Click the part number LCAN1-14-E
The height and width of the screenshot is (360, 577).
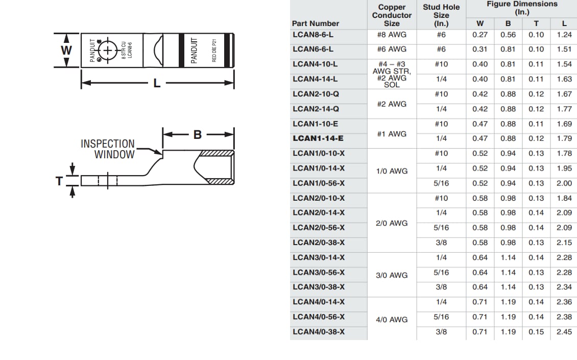click(x=318, y=138)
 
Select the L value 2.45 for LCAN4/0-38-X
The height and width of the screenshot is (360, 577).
click(x=564, y=332)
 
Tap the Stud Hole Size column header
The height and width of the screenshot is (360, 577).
click(x=441, y=15)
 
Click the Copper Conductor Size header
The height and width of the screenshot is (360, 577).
click(x=392, y=15)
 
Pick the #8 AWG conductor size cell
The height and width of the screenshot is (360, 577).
click(x=392, y=35)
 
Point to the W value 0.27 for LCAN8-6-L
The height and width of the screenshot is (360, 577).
click(x=480, y=35)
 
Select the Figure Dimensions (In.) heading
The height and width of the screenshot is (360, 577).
click(x=522, y=8)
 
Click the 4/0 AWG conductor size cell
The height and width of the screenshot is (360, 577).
click(x=392, y=320)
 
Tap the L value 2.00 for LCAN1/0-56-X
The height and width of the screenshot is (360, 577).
click(x=564, y=183)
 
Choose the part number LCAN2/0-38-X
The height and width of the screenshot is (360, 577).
click(x=319, y=243)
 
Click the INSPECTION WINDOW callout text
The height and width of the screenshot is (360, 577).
click(x=108, y=149)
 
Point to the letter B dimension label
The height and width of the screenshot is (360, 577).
click(x=198, y=135)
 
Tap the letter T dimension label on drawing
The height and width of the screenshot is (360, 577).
click(x=60, y=181)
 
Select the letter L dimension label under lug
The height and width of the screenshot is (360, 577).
click(x=157, y=83)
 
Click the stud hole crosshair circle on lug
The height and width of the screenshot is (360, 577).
click(x=108, y=50)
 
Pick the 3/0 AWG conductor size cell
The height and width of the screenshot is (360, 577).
click(x=392, y=275)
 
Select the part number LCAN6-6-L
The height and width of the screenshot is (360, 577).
click(x=313, y=49)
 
